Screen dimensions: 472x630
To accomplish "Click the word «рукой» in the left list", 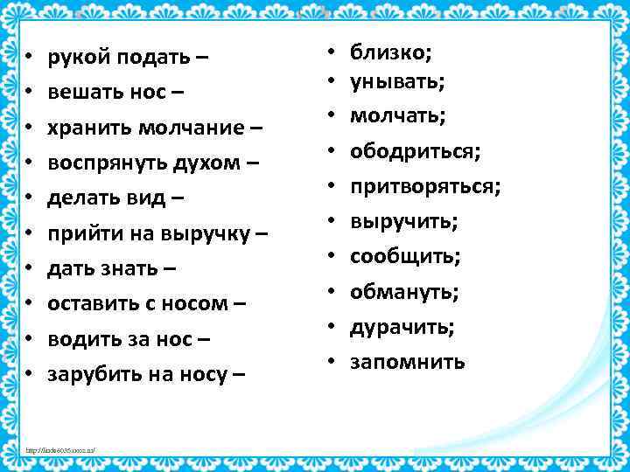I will tap(76, 58).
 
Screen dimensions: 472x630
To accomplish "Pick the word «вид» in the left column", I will tap(150, 198).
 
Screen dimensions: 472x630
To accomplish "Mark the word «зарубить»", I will tap(90, 374).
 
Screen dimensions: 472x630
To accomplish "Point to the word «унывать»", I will tap(395, 82).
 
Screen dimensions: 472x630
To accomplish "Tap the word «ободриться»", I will tap(413, 152).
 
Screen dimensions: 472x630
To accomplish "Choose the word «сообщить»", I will tap(403, 257).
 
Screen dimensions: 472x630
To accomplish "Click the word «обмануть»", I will tap(403, 291).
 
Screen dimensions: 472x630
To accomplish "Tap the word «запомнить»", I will tap(407, 361).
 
